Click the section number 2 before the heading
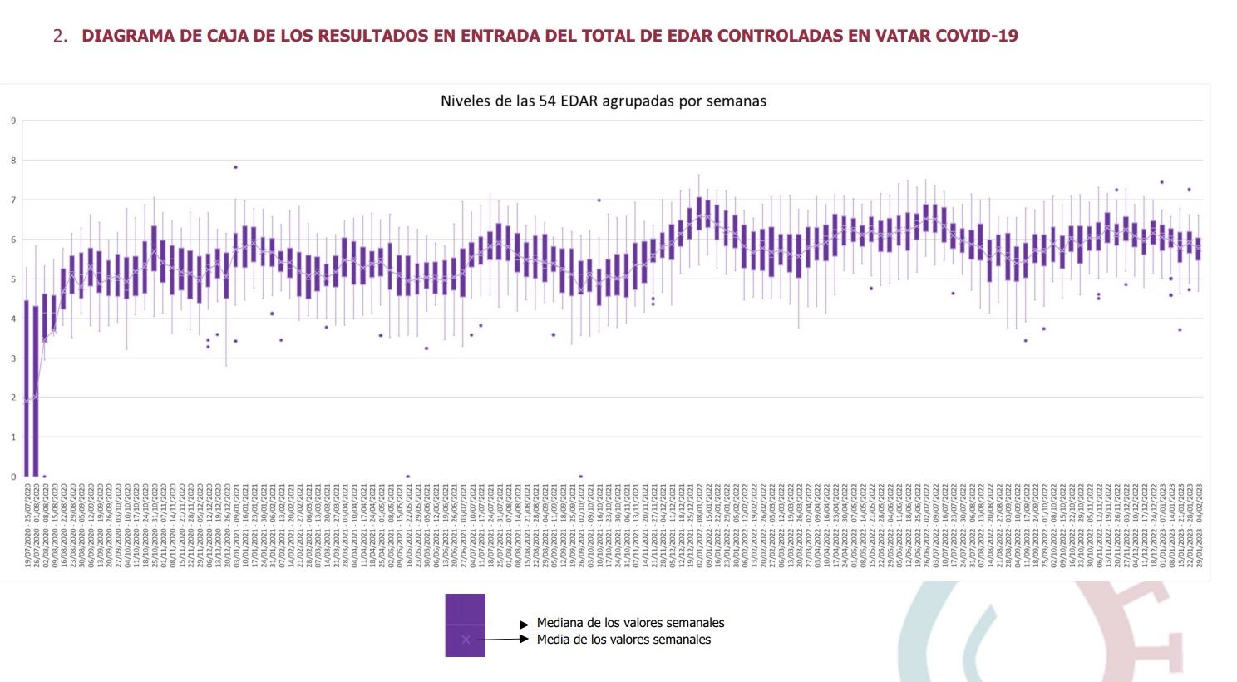click(x=59, y=36)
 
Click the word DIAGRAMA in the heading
click(x=123, y=36)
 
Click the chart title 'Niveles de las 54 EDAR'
click(x=603, y=101)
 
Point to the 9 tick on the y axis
click(x=13, y=121)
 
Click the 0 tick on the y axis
click(x=13, y=477)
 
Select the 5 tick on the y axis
click(x=13, y=279)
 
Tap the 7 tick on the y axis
click(x=13, y=200)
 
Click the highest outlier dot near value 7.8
click(x=235, y=167)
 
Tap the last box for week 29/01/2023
click(x=1198, y=249)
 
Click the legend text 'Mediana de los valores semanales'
click(x=630, y=623)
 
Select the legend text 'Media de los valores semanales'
click(x=623, y=640)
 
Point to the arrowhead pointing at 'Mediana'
click(x=524, y=624)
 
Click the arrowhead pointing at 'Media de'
click(x=524, y=640)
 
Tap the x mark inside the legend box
click(x=466, y=640)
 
